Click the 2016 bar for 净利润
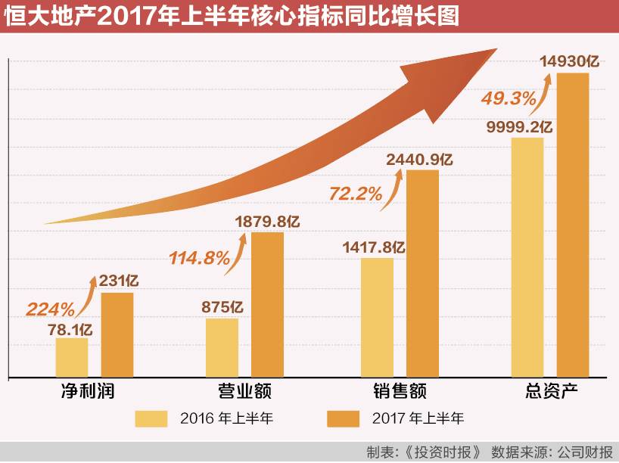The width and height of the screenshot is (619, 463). pyautogui.click(x=71, y=357)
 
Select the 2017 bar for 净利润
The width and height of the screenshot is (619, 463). pyautogui.click(x=117, y=334)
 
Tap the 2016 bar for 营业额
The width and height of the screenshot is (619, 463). pyautogui.click(x=222, y=346)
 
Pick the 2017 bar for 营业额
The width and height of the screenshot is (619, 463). pyautogui.click(x=268, y=304)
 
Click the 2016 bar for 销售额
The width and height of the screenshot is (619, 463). pyautogui.click(x=377, y=317)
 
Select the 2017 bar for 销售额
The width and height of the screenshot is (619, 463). pyautogui.click(x=423, y=273)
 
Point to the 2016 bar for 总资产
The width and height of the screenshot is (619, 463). pyautogui.click(x=527, y=256)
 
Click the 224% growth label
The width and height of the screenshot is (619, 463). pyautogui.click(x=51, y=309)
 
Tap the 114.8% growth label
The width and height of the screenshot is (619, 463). pyautogui.click(x=200, y=259)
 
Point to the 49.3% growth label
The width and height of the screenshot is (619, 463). pyautogui.click(x=509, y=98)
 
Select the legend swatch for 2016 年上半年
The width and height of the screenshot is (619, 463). pyautogui.click(x=151, y=418)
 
